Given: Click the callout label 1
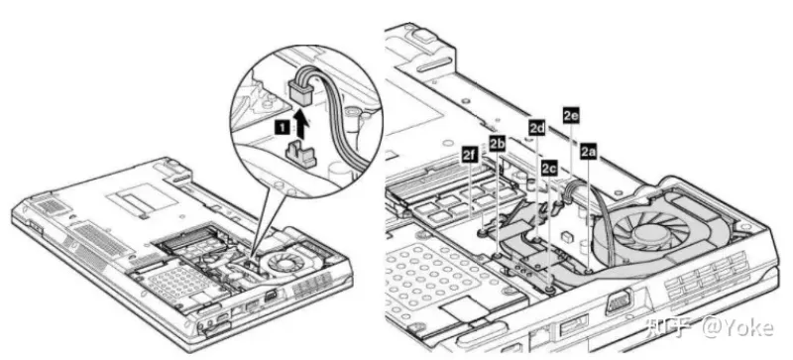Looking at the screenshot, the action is coord(281,128).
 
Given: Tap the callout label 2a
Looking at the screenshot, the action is coord(588,151).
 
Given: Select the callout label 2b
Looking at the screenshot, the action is coord(498,143).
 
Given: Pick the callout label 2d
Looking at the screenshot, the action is coord(537,127).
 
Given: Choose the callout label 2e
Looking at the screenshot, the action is coord(571,115).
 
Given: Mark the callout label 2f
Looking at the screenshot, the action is coord(470,155).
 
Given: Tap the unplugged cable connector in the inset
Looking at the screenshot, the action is coord(301,90).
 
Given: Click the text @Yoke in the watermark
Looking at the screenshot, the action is coord(737,328).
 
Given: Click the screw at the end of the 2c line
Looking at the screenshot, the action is coord(549,289).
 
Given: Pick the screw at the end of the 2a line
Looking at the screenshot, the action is coord(589,272).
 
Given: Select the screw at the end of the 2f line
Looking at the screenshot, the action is coord(481,233).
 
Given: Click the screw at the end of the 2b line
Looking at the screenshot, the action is coord(499,256).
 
